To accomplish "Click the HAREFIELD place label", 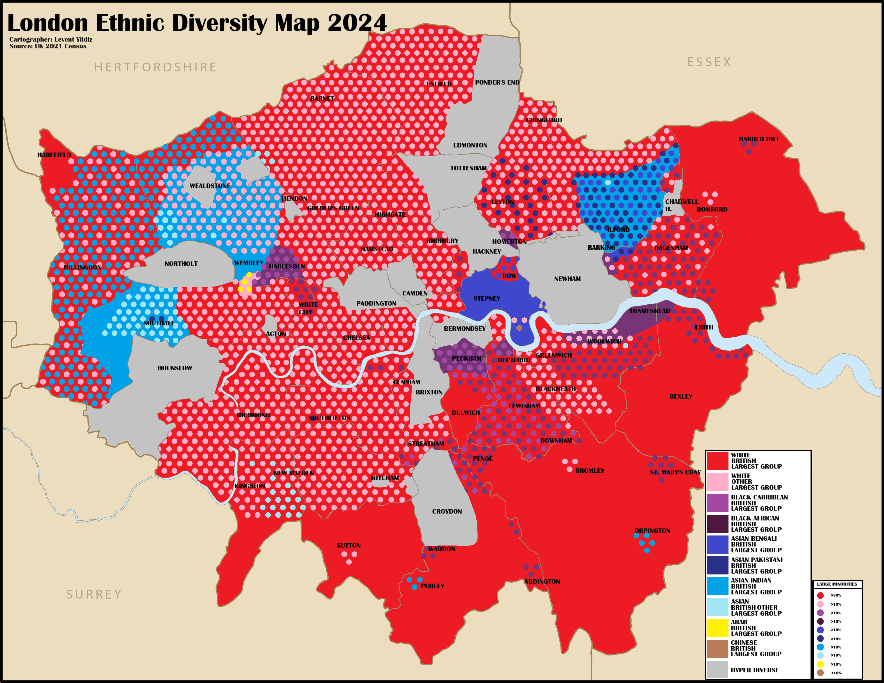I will pos(54,155).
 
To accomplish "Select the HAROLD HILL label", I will pos(759,139).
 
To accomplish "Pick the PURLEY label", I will pos(432,586).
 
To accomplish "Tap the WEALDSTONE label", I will pos(210,186).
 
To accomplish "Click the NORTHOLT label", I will pos(181,264).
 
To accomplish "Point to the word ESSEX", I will pos(709,62).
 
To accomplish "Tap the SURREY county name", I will pos(94,594).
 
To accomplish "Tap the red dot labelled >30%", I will pos(820,595).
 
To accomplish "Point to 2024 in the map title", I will pos(357,23).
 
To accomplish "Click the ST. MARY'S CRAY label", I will pos(675,472).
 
